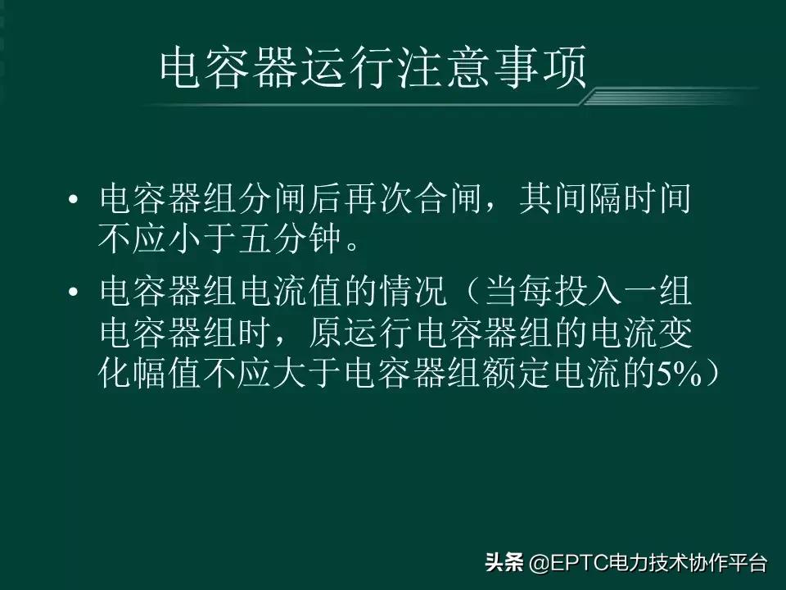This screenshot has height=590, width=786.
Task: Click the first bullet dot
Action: point(74,202)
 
